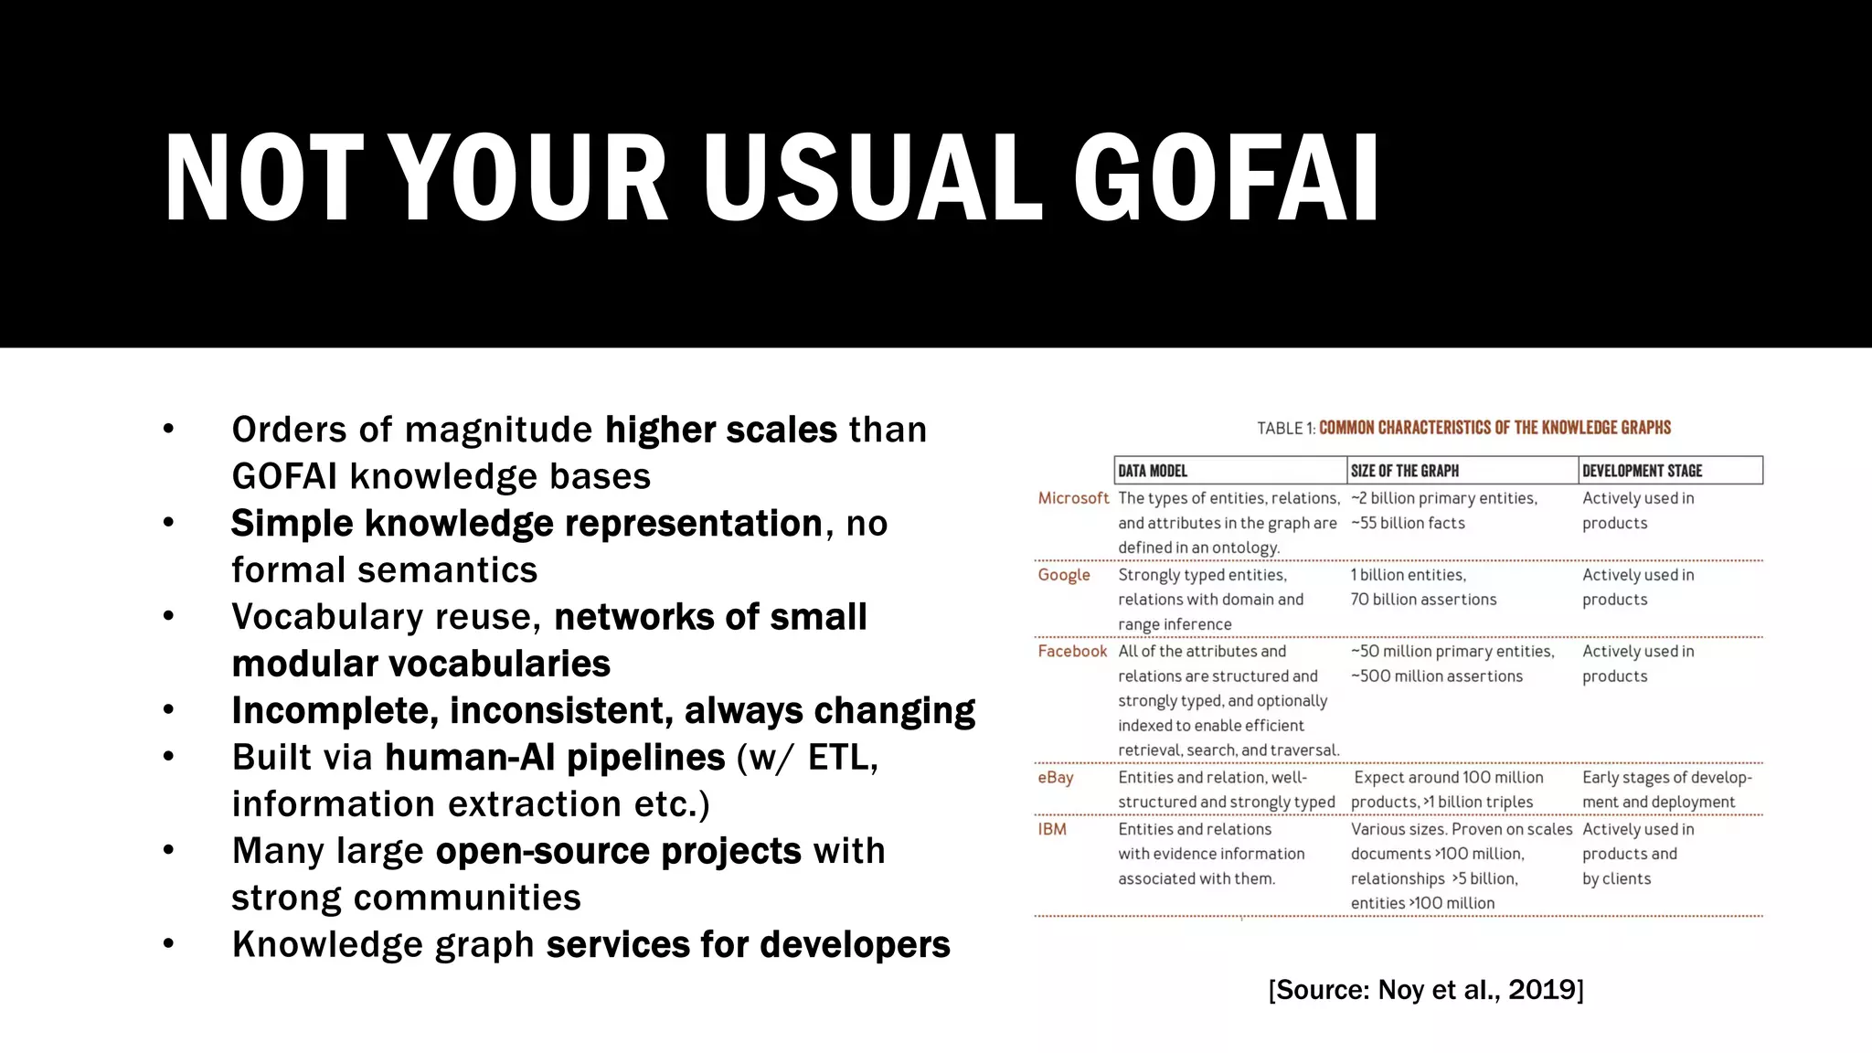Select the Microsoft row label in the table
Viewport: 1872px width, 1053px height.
pyautogui.click(x=1073, y=498)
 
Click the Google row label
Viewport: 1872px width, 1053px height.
pyautogui.click(x=1064, y=575)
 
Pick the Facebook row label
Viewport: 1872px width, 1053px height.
pyautogui.click(x=1072, y=651)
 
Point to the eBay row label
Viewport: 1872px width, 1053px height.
pyautogui.click(x=1056, y=777)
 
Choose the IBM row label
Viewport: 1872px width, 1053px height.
pyautogui.click(x=1052, y=829)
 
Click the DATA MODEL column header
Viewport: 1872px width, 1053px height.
pyautogui.click(x=1153, y=471)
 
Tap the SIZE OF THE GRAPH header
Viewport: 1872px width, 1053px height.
pyautogui.click(x=1405, y=471)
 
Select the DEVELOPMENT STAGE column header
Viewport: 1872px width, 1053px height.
pyautogui.click(x=1643, y=471)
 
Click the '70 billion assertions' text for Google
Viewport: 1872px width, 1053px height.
pyautogui.click(x=1424, y=600)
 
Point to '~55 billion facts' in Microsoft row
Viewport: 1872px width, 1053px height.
pyautogui.click(x=1409, y=523)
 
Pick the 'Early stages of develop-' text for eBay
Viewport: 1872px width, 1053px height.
pyautogui.click(x=1667, y=777)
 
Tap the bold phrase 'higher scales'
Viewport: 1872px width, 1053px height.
pyautogui.click(x=721, y=430)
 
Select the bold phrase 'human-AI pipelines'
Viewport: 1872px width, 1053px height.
pyautogui.click(x=555, y=758)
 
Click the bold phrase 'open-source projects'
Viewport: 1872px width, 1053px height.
pyautogui.click(x=619, y=851)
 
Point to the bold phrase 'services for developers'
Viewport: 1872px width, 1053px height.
pyautogui.click(x=748, y=944)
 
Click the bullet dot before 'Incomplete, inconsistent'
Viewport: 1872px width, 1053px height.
pyautogui.click(x=168, y=710)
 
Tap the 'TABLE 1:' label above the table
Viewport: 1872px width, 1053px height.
pyautogui.click(x=1286, y=428)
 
